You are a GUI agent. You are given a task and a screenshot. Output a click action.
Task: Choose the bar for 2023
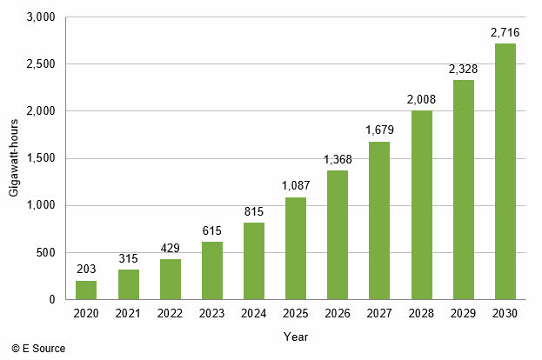[x=212, y=270]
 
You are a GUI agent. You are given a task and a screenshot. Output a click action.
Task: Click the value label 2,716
[x=505, y=33]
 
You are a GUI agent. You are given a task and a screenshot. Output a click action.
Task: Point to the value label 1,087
[x=296, y=185]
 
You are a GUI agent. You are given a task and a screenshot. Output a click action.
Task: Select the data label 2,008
[x=422, y=99]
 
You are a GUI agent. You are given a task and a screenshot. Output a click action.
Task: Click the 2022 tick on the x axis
[x=171, y=313]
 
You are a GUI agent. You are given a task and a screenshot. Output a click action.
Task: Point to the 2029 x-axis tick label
[x=464, y=313]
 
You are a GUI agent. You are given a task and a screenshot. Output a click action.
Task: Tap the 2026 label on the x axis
[x=338, y=313]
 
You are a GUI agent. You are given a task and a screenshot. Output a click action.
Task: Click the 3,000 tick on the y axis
[x=41, y=17]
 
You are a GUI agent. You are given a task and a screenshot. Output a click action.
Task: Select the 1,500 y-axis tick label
[x=41, y=158]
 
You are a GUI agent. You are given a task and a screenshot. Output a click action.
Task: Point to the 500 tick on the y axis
[x=47, y=252]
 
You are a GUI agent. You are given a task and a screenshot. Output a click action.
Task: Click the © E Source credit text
[x=38, y=349]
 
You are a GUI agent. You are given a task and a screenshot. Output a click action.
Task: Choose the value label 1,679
[x=380, y=130]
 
